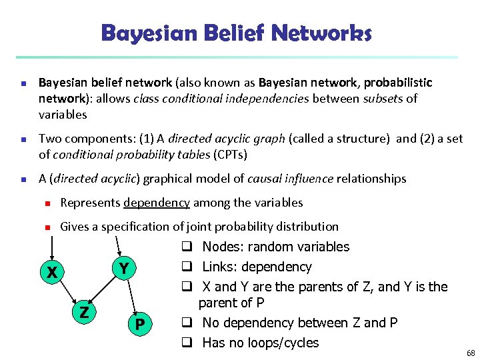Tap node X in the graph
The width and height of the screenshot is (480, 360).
click(x=51, y=273)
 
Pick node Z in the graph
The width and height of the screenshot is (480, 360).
click(x=84, y=312)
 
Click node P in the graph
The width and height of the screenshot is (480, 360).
click(x=139, y=325)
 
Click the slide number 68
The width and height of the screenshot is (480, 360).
click(x=471, y=353)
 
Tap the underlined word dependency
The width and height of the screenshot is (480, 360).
click(x=157, y=203)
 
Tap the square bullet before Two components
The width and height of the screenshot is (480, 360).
click(x=22, y=139)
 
